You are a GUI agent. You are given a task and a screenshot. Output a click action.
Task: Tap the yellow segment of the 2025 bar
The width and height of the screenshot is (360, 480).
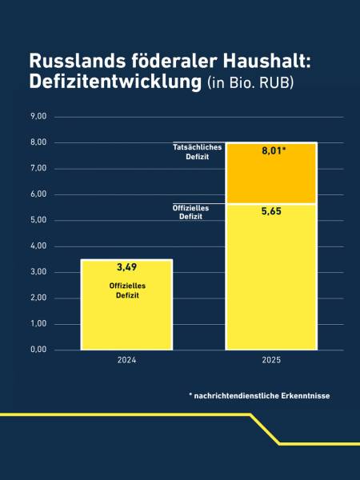pyautogui.click(x=271, y=280)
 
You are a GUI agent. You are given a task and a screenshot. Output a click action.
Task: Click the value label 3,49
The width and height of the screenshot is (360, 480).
pyautogui.click(x=126, y=266)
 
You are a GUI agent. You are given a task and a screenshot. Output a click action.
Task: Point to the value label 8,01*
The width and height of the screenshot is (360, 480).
pyautogui.click(x=274, y=150)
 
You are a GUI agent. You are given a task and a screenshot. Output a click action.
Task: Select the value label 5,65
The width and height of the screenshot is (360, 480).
pyautogui.click(x=271, y=212)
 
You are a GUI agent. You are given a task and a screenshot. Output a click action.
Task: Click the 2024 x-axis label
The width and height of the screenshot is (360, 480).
pyautogui.click(x=126, y=361)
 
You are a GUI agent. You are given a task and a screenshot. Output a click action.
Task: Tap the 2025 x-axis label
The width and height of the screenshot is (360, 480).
pyautogui.click(x=271, y=361)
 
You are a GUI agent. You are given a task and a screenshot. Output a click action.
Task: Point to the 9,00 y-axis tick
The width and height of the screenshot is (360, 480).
pyautogui.click(x=38, y=117)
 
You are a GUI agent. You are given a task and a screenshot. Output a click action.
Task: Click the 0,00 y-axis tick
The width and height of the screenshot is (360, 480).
pyautogui.click(x=38, y=350)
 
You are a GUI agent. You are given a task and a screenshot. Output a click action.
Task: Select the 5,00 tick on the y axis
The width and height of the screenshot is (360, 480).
pyautogui.click(x=38, y=220)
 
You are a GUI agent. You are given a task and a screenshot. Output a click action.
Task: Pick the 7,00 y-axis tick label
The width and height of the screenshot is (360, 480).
pyautogui.click(x=38, y=169)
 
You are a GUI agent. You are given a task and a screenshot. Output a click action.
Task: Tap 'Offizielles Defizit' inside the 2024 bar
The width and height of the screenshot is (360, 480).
pyautogui.click(x=126, y=290)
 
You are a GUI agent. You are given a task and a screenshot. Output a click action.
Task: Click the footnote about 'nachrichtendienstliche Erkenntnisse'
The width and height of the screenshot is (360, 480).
pyautogui.click(x=259, y=396)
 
